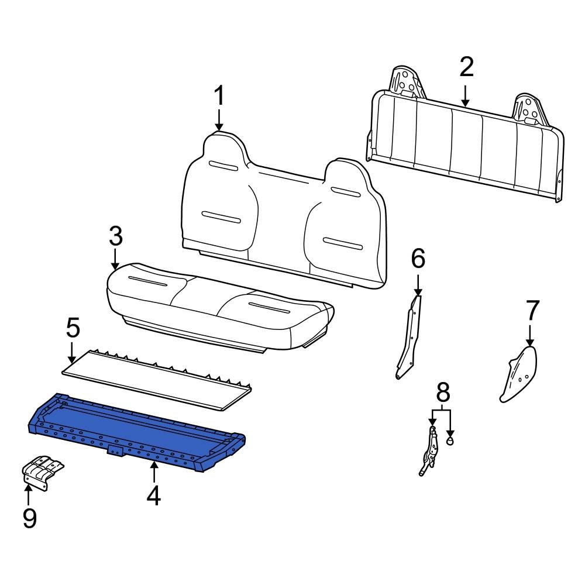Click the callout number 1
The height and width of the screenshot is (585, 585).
tap(219, 96)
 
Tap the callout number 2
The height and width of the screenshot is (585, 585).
tap(466, 67)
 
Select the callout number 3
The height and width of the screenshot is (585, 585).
tap(116, 236)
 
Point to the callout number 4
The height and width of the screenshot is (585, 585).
tap(153, 495)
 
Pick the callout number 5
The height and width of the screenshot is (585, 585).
tap(73, 328)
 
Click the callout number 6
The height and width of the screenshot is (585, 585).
tap(418, 258)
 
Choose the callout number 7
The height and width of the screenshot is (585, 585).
tap(531, 311)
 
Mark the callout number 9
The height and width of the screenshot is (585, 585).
tap(29, 517)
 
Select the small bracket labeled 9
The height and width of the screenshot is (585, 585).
tap(42, 471)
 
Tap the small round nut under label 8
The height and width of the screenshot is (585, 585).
tap(450, 441)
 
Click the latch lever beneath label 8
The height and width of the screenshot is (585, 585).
tap(430, 450)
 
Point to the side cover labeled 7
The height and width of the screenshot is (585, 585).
tap(517, 374)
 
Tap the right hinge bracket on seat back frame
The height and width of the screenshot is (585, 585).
tap(530, 108)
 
